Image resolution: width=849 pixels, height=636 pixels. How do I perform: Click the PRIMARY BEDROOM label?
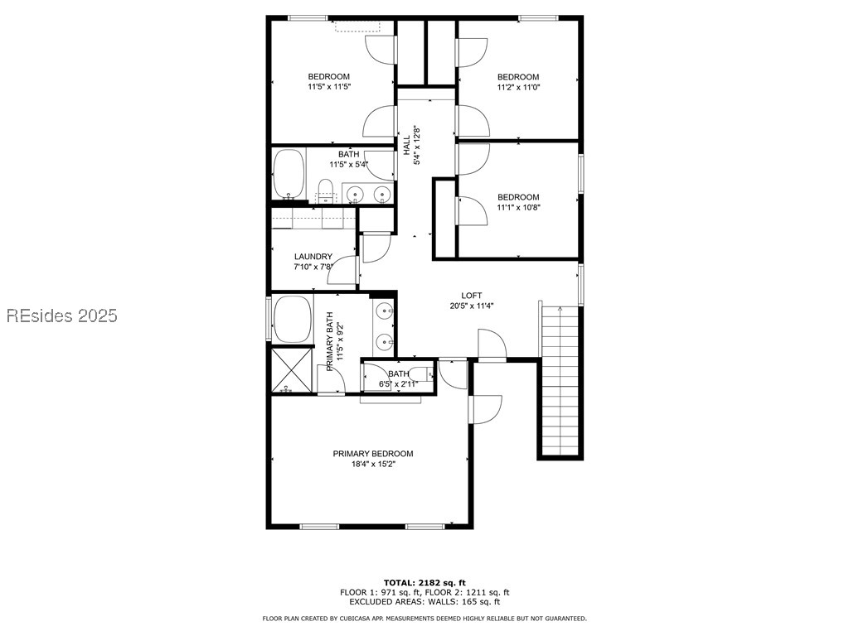pyautogui.click(x=373, y=454)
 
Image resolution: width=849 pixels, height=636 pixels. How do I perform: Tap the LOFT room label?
pyautogui.click(x=472, y=296)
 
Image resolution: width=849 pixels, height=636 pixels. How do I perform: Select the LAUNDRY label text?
pyautogui.click(x=313, y=257)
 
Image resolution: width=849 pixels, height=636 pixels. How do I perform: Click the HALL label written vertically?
pyautogui.click(x=407, y=139)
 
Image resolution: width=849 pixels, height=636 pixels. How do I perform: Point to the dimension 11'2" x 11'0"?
pyautogui.click(x=518, y=87)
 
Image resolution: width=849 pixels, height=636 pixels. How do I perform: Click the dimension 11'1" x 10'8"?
pyautogui.click(x=518, y=207)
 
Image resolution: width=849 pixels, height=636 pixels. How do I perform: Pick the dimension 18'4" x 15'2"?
pyautogui.click(x=373, y=465)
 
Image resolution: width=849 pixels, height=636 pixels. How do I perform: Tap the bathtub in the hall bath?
pyautogui.click(x=289, y=174)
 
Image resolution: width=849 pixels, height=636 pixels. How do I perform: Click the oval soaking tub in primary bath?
pyautogui.click(x=293, y=319)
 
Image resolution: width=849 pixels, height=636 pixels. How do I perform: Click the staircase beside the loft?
pyautogui.click(x=560, y=381)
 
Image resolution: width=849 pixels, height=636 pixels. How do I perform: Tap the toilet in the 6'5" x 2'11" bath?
pyautogui.click(x=422, y=373)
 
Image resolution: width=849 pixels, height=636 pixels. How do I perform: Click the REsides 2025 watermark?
pyautogui.click(x=62, y=316)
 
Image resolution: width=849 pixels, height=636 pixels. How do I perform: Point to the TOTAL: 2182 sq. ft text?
pyautogui.click(x=424, y=582)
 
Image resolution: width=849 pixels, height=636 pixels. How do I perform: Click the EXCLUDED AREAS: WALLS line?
pyautogui.click(x=424, y=602)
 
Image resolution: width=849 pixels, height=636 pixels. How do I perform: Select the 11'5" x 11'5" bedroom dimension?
pyautogui.click(x=329, y=86)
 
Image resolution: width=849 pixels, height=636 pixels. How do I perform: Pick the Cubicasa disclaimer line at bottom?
pyautogui.click(x=424, y=619)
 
